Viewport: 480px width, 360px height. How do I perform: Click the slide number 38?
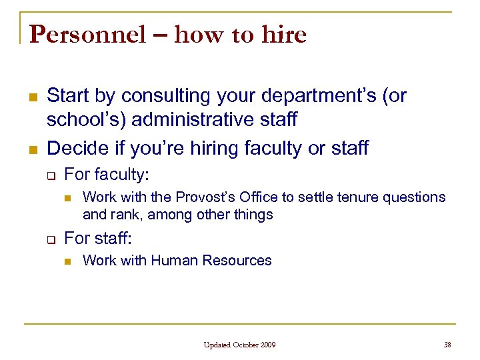447,345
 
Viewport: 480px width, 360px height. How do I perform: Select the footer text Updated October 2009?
240,345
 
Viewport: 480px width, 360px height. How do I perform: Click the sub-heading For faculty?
107,175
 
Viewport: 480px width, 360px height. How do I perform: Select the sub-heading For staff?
97,238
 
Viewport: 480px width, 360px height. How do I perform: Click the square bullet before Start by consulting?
31,97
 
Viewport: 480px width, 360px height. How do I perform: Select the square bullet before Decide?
31,149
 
